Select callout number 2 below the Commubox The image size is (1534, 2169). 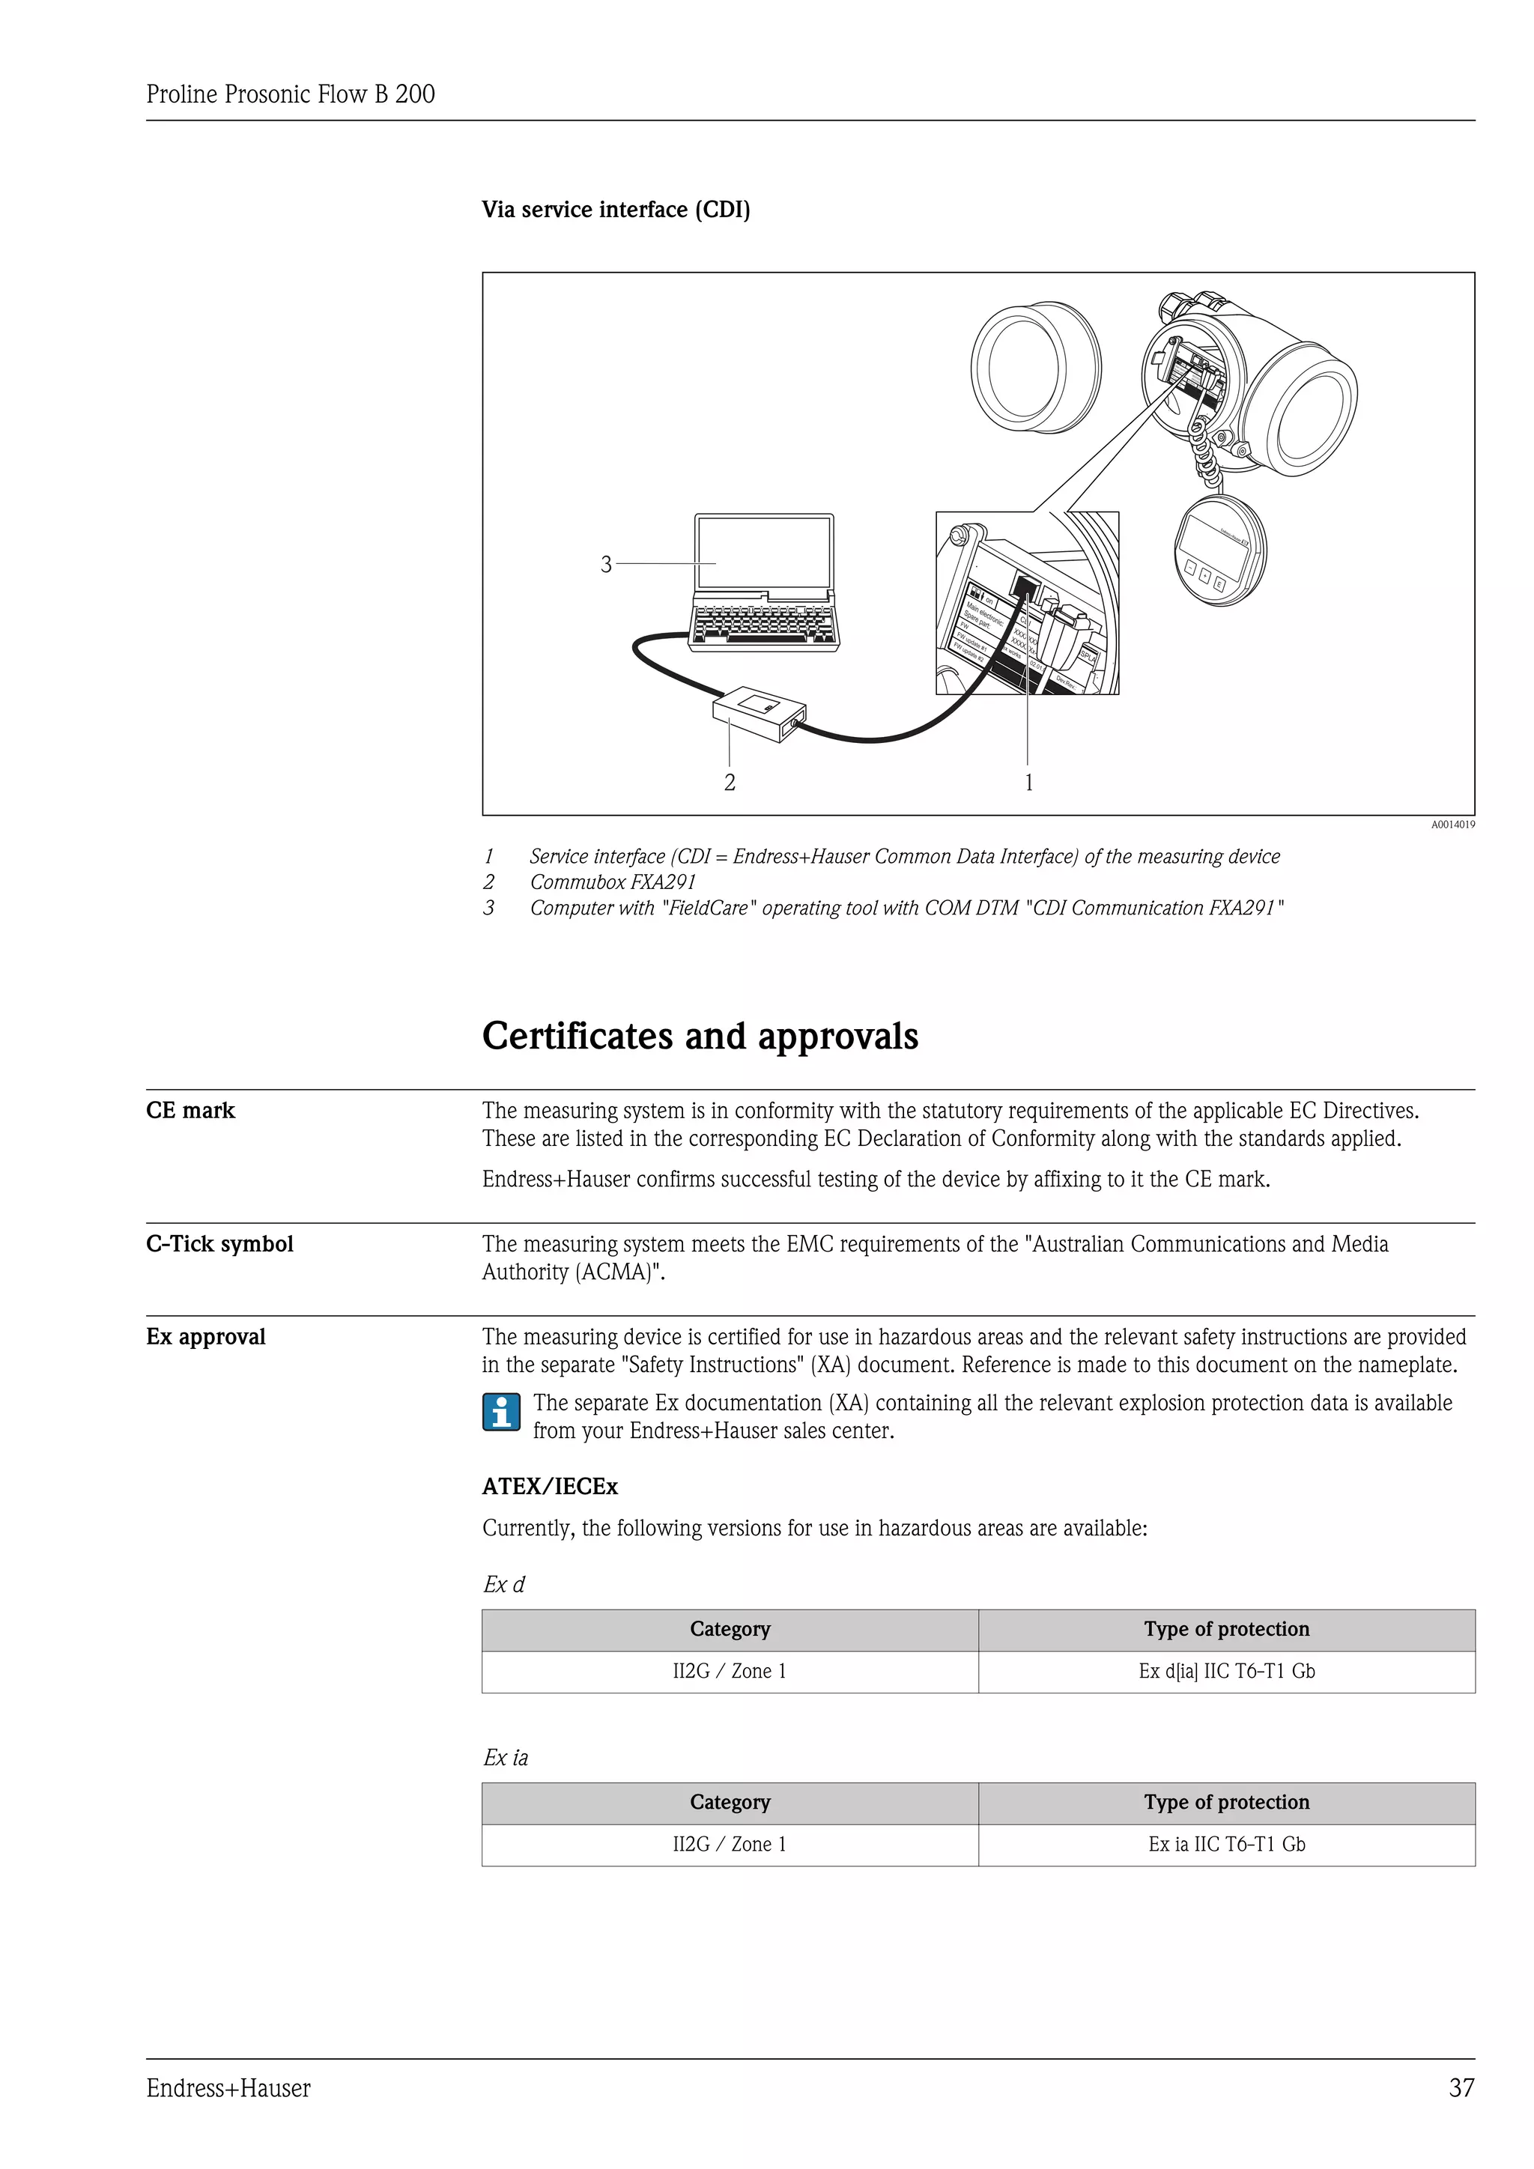coord(730,782)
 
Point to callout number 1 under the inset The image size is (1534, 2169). coord(1028,782)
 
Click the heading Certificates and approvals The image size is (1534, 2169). coord(700,1037)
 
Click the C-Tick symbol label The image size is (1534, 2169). coord(220,1244)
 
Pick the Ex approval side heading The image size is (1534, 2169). coord(206,1337)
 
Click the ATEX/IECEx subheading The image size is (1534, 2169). coord(550,1487)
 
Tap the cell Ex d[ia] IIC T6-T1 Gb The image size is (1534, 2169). coord(1226,1671)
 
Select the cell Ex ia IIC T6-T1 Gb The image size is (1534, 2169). coord(1226,1844)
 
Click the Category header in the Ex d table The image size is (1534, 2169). coord(730,1629)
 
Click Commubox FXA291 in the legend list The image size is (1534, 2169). coord(612,882)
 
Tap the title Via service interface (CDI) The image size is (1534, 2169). coord(616,210)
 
